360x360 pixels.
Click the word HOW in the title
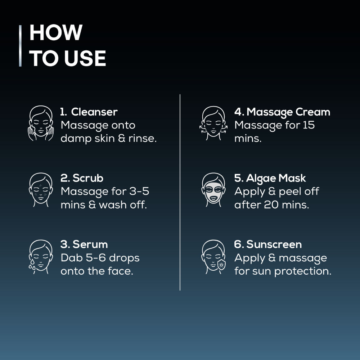point(56,32)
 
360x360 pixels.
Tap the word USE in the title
point(85,58)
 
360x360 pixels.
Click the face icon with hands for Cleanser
point(41,123)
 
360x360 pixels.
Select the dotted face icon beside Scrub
point(41,190)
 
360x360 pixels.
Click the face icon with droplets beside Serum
point(41,257)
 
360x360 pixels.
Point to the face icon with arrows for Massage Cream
point(213,123)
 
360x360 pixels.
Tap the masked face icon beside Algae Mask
point(213,190)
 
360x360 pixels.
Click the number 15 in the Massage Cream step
point(309,125)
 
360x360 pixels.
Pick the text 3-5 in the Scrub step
point(139,191)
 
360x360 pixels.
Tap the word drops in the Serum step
point(124,258)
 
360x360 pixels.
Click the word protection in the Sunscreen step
point(303,271)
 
